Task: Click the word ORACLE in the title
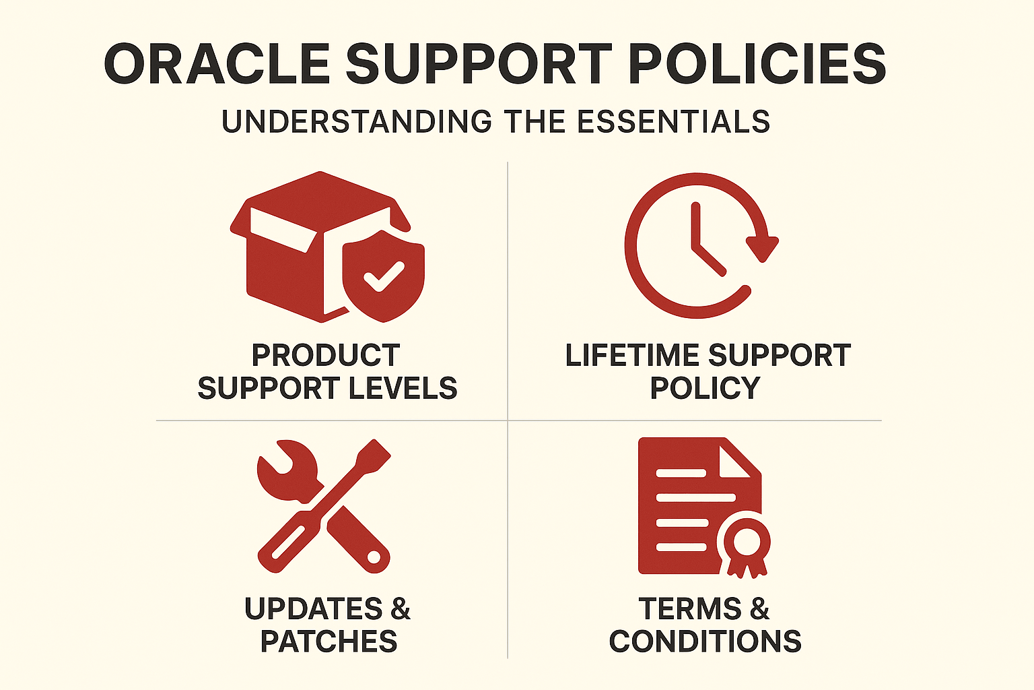pos(217,64)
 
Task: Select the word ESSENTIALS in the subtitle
pos(673,121)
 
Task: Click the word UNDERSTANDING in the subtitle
pos(357,121)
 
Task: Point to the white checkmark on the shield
pos(384,276)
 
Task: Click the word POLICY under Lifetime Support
pos(705,387)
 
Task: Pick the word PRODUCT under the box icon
pos(326,355)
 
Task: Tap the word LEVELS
pos(403,387)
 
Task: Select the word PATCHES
pos(329,641)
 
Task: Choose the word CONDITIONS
pos(705,641)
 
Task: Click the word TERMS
pos(691,608)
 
